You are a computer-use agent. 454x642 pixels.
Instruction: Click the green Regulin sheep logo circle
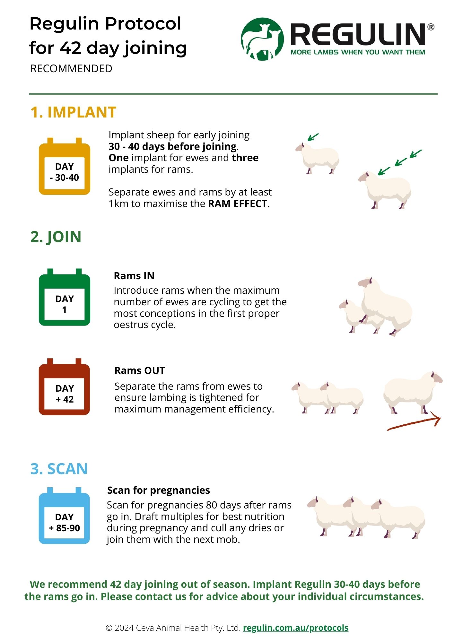point(262,39)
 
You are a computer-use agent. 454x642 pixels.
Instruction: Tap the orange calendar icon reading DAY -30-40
point(65,166)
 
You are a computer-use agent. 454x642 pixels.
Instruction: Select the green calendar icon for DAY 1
point(65,297)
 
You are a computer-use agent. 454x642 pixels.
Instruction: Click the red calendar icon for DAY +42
point(65,387)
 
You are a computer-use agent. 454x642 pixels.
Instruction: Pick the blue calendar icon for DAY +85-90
point(65,516)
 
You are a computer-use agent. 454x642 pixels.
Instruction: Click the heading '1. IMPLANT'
point(73,112)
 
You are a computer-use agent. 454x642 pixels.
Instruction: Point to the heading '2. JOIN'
point(56,237)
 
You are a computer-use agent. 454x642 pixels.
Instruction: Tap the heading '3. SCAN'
point(59,469)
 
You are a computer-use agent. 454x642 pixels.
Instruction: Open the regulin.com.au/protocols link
point(296,628)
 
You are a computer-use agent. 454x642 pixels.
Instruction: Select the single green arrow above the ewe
point(313,137)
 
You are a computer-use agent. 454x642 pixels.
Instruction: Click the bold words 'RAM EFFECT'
point(238,204)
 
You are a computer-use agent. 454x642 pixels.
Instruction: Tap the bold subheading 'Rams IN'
point(134,276)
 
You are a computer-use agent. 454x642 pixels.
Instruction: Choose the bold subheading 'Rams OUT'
point(140,370)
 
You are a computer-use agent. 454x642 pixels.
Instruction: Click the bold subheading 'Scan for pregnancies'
point(159,490)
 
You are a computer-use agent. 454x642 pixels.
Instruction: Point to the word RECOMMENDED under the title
point(71,68)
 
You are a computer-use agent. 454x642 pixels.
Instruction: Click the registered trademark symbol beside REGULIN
point(431,27)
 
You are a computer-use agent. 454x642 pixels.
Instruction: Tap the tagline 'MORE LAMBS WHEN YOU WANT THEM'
point(358,52)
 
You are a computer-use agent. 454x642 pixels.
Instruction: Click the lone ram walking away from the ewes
point(413,393)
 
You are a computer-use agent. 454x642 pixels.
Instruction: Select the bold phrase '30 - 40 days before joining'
point(173,146)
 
